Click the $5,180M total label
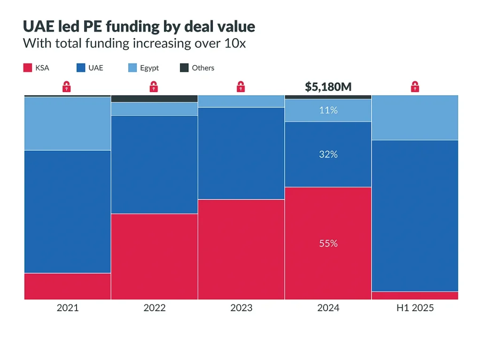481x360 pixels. [x=328, y=87]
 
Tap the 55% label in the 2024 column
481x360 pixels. [x=328, y=244]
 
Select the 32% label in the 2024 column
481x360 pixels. [x=328, y=154]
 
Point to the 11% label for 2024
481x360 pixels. [x=328, y=110]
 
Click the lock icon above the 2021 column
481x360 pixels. [x=67, y=86]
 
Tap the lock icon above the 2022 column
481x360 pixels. [x=154, y=86]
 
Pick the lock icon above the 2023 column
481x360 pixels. [x=240, y=86]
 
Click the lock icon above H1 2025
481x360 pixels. [x=415, y=86]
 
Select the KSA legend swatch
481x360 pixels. [x=27, y=68]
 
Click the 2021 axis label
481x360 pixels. [x=68, y=308]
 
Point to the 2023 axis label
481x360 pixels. [x=241, y=308]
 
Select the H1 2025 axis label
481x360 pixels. [x=415, y=308]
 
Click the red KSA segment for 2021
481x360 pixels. [x=68, y=286]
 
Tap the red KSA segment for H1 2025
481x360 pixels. [x=415, y=295]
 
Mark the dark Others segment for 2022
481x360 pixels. [x=154, y=99]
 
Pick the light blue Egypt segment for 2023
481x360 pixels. [x=241, y=101]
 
